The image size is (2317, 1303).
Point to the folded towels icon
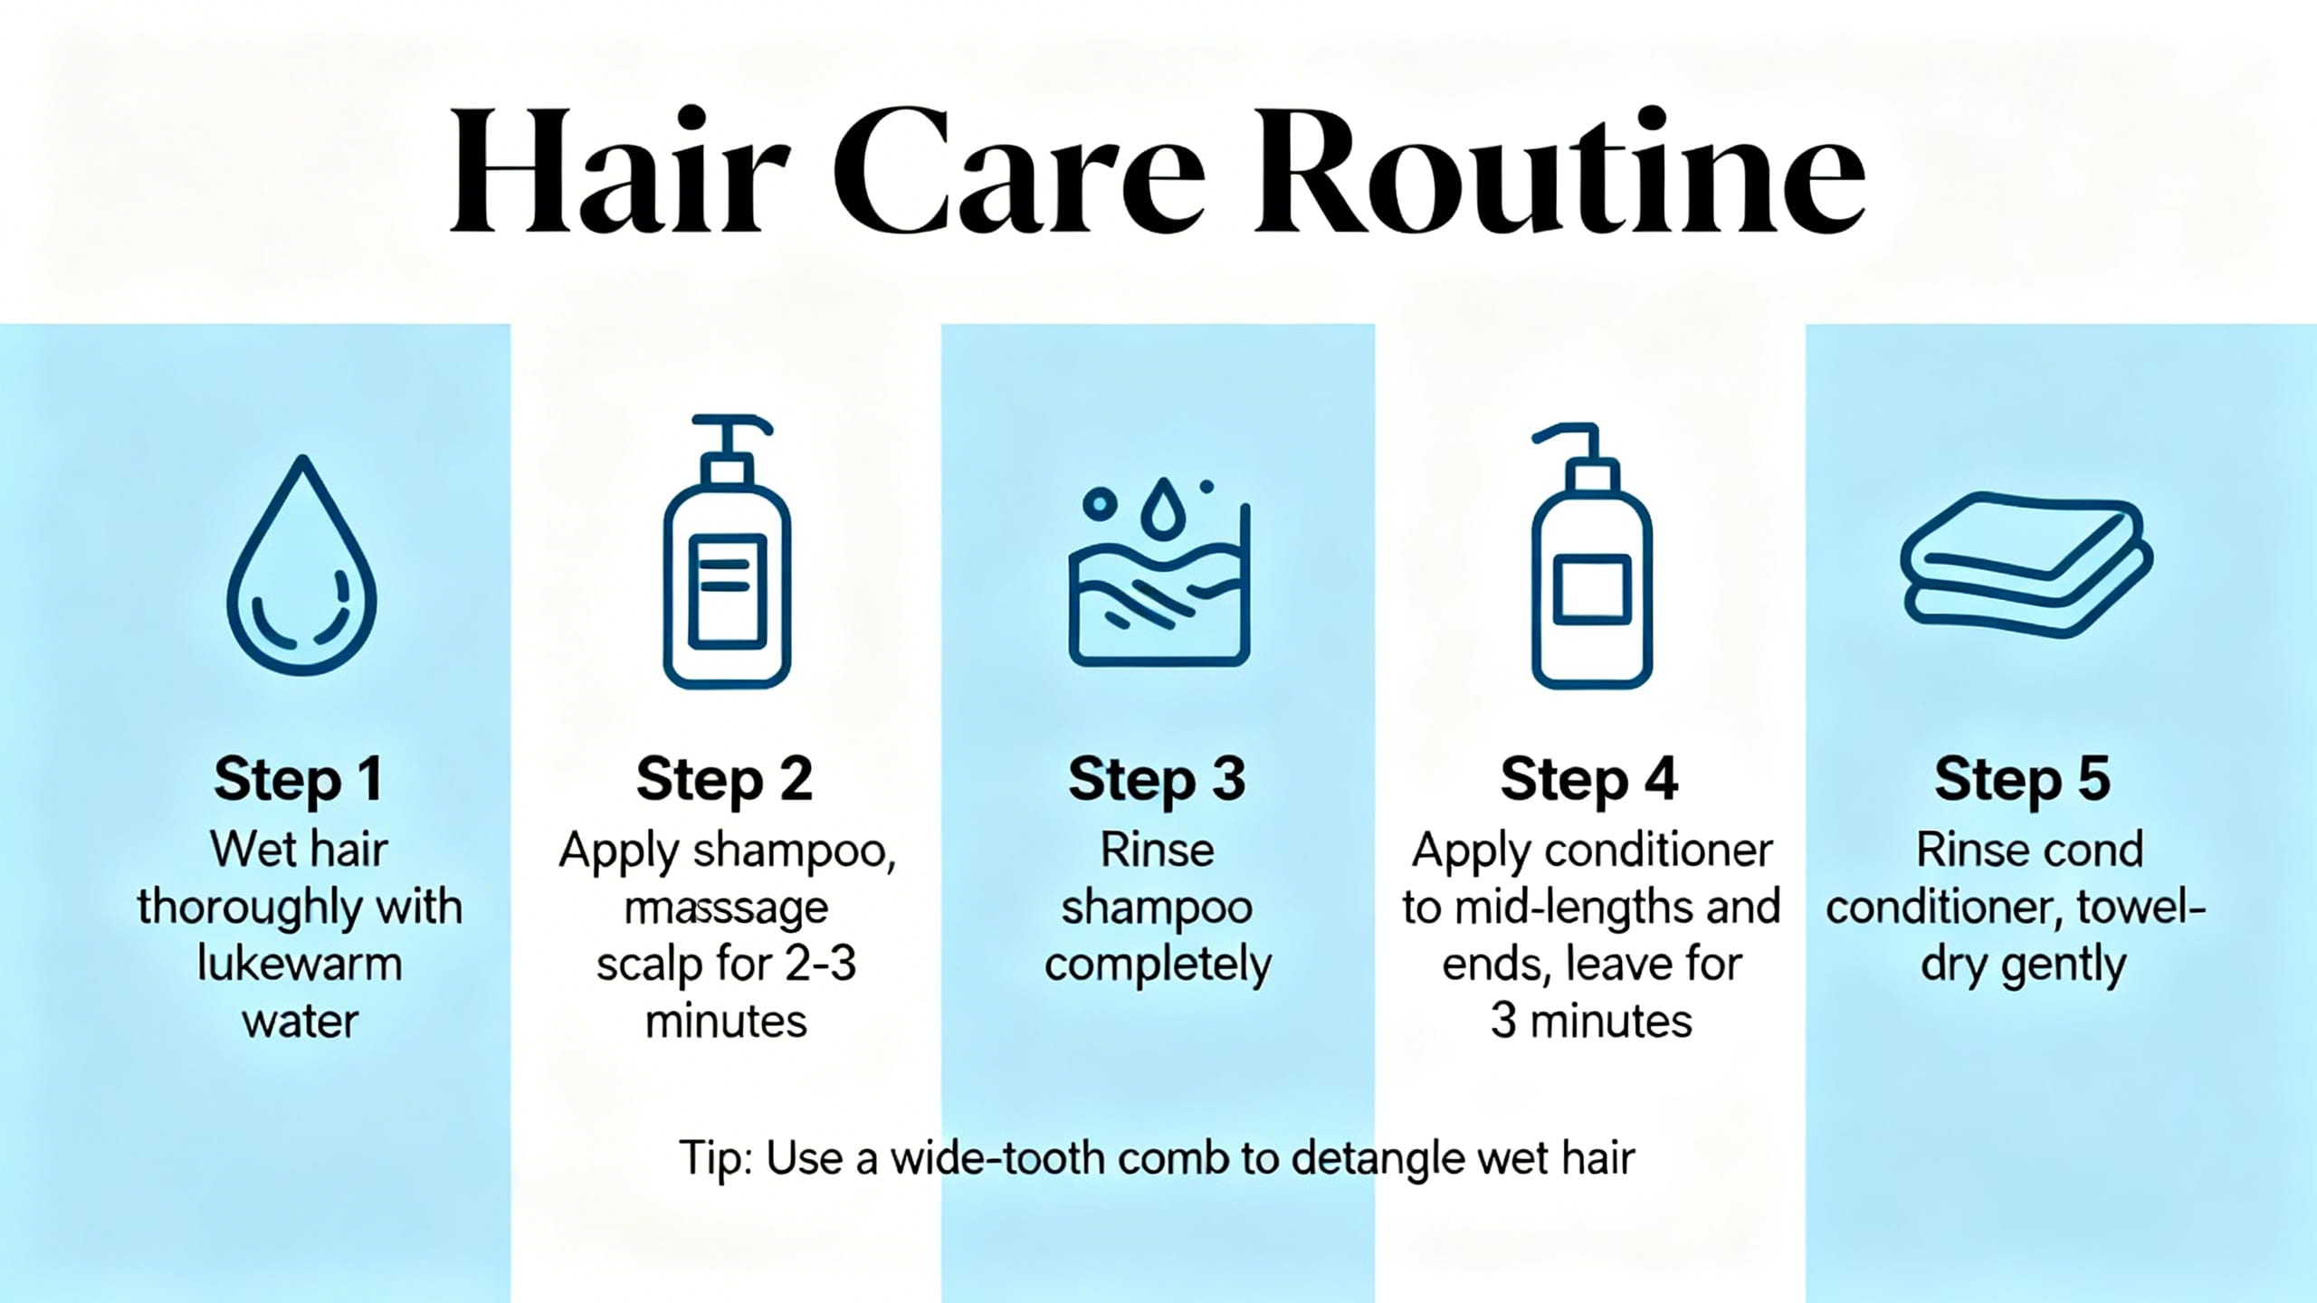2026,565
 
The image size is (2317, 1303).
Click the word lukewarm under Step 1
300,965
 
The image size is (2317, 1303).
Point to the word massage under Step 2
727,908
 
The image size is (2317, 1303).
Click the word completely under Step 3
1158,965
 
